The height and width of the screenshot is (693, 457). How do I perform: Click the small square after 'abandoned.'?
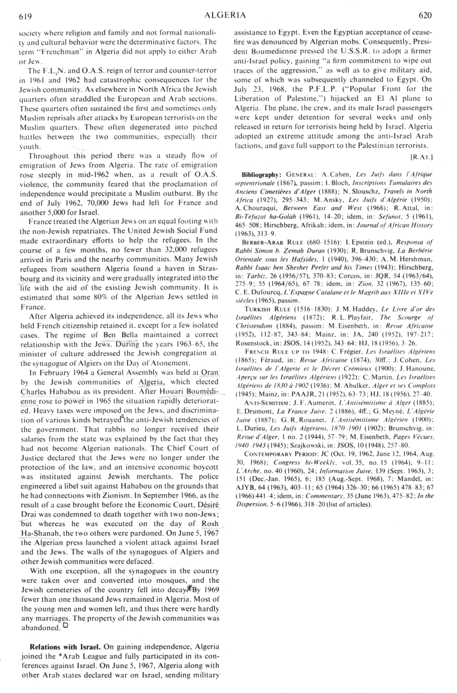(66, 624)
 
